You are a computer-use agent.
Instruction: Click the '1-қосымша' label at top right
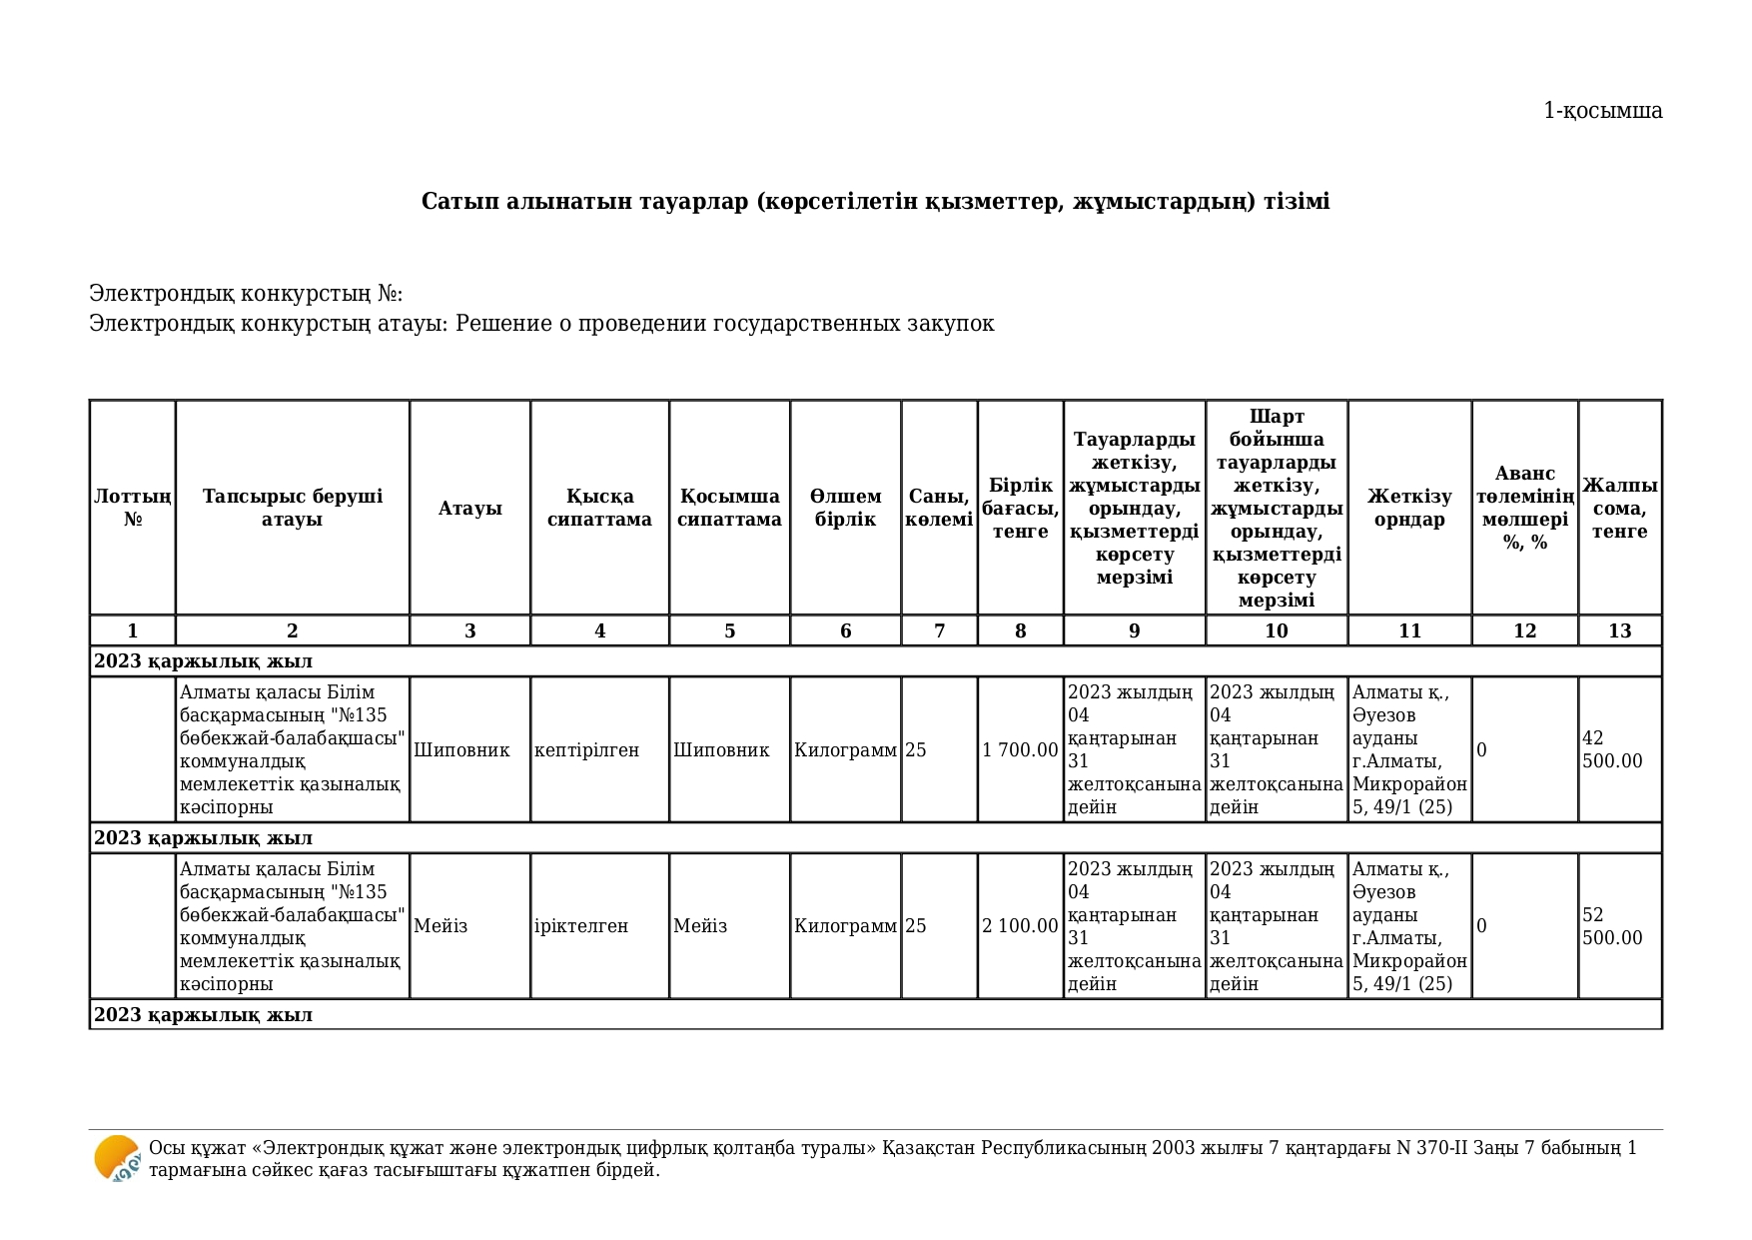tap(1602, 111)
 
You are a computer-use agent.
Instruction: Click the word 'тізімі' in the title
tap(1297, 202)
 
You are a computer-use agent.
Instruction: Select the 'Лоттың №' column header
tap(133, 508)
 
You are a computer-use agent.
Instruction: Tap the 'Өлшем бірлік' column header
tap(845, 508)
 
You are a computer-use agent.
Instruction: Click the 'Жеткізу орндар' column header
tap(1409, 508)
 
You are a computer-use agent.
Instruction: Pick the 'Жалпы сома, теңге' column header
tap(1619, 508)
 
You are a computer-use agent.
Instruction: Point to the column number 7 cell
tap(939, 630)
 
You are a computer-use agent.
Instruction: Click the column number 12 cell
tap(1524, 630)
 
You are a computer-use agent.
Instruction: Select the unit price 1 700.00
tap(1020, 750)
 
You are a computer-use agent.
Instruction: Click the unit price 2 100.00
tap(1020, 926)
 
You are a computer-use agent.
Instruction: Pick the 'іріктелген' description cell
tap(581, 926)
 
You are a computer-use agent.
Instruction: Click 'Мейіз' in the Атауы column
tap(440, 926)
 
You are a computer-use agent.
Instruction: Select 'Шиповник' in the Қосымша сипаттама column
tap(721, 750)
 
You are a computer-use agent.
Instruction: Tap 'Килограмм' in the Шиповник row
tap(845, 750)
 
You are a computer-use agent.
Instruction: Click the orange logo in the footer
tap(117, 1159)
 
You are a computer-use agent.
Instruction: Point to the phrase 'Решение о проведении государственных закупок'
tap(724, 324)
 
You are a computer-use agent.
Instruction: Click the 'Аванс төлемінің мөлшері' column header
tap(1524, 508)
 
